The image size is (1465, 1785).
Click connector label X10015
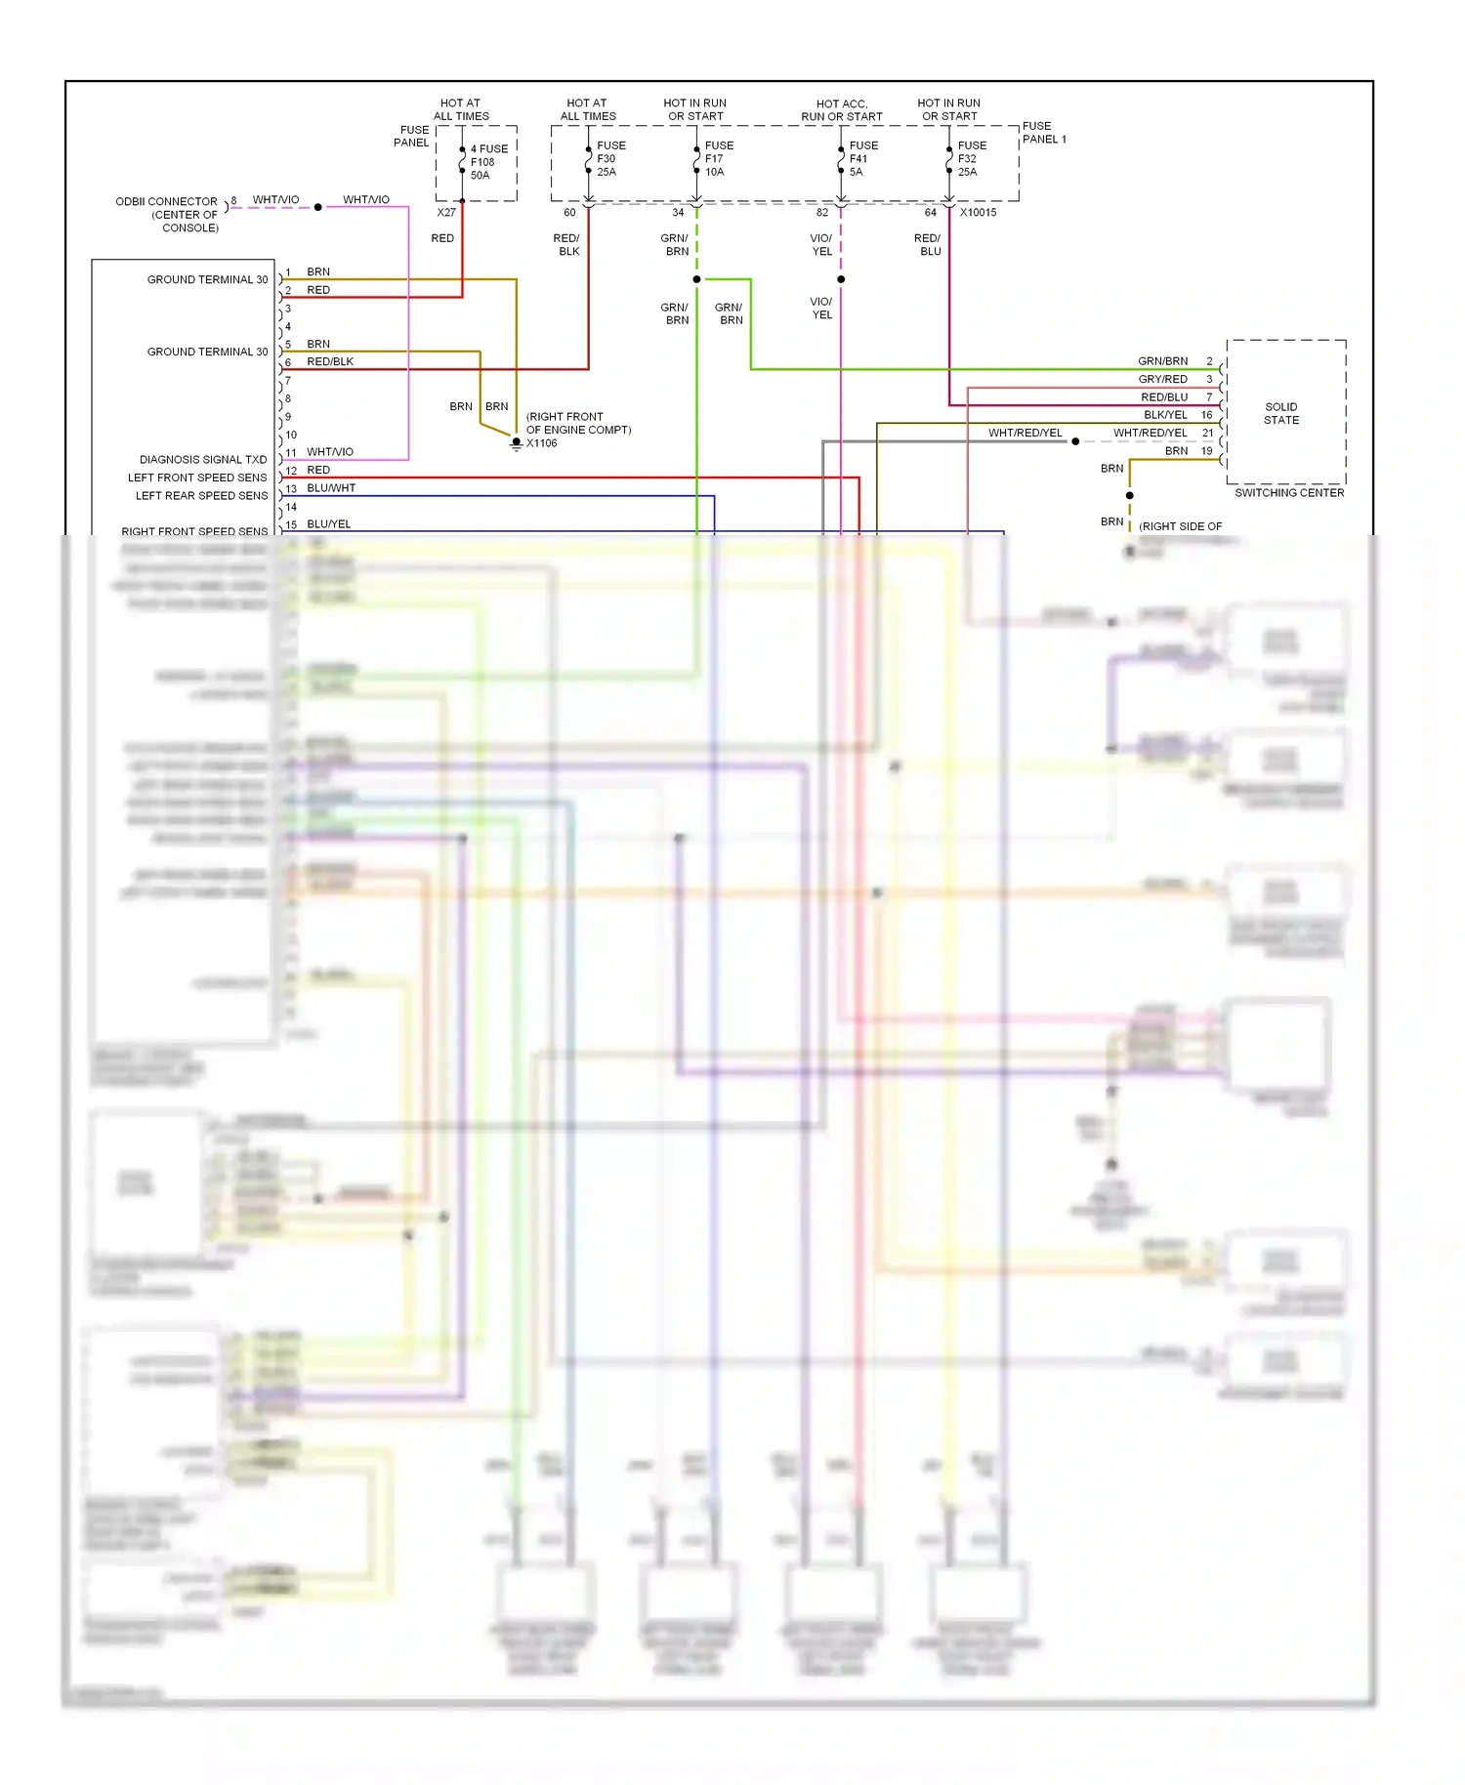pos(978,212)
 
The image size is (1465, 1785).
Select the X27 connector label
pos(446,212)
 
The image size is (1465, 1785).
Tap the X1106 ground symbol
pos(517,443)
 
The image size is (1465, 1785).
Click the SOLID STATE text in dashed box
pos(1280,413)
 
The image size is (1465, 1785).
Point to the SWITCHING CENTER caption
pos(1288,493)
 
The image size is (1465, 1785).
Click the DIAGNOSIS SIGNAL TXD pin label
pos(203,459)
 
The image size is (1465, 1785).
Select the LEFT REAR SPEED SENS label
pos(201,495)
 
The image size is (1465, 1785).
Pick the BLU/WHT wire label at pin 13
pos(331,487)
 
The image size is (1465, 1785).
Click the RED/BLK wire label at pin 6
pos(330,361)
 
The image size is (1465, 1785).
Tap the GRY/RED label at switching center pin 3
pos(1162,379)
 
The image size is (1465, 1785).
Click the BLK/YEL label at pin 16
pos(1165,414)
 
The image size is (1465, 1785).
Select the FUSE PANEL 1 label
pos(1043,133)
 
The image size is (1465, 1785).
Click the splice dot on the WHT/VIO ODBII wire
pos(318,207)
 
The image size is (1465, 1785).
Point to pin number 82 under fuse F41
pos(822,212)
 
